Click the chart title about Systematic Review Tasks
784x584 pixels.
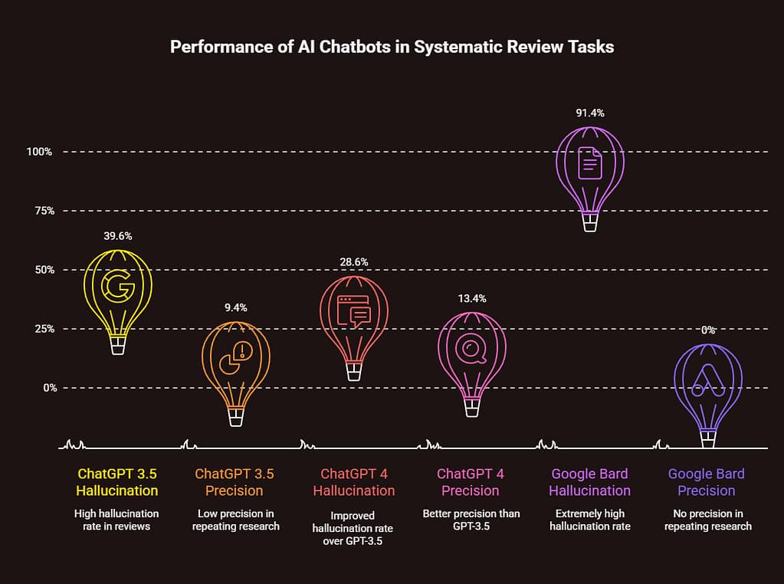pos(392,47)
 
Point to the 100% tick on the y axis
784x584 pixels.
pos(38,152)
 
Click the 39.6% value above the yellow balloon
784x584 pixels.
pos(118,236)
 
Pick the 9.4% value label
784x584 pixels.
pos(236,307)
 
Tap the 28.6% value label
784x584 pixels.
pos(354,262)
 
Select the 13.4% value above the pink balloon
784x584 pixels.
pos(472,298)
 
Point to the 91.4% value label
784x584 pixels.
pos(590,113)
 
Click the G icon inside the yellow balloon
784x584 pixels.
pos(118,287)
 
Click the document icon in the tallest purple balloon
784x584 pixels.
pos(590,162)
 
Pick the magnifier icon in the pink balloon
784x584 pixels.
pos(471,349)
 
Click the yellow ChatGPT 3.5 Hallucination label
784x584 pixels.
pos(118,482)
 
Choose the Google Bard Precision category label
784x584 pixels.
pos(707,482)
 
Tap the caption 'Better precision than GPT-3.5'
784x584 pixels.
pos(472,520)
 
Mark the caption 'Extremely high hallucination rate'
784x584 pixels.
pos(590,520)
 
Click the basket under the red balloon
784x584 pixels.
pos(354,372)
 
